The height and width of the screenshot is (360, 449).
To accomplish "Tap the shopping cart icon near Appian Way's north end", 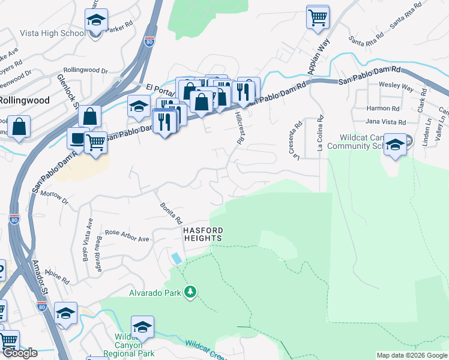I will [x=318, y=17].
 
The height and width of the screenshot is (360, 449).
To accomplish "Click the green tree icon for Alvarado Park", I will [x=191, y=292].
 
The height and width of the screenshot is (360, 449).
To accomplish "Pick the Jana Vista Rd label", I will [x=386, y=121].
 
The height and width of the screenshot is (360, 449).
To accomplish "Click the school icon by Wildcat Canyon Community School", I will [x=394, y=145].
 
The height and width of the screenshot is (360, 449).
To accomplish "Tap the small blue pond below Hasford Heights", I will [x=176, y=258].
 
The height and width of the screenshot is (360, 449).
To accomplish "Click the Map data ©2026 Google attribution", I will [x=411, y=355].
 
